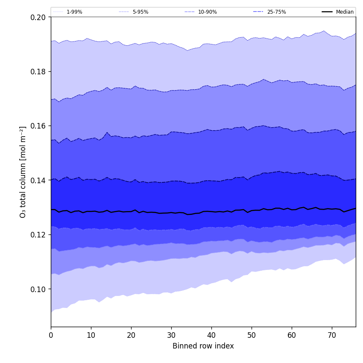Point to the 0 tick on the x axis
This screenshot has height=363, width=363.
[51, 335]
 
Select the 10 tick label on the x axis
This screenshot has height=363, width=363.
[91, 335]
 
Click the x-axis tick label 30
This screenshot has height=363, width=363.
[171, 335]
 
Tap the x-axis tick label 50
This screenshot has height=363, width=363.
[252, 335]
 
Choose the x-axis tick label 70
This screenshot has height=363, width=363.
[332, 335]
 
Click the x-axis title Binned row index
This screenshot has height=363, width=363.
[203, 346]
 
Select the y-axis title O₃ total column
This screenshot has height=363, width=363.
[23, 172]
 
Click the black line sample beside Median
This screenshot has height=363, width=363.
[328, 12]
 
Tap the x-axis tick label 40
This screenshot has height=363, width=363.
[211, 335]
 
